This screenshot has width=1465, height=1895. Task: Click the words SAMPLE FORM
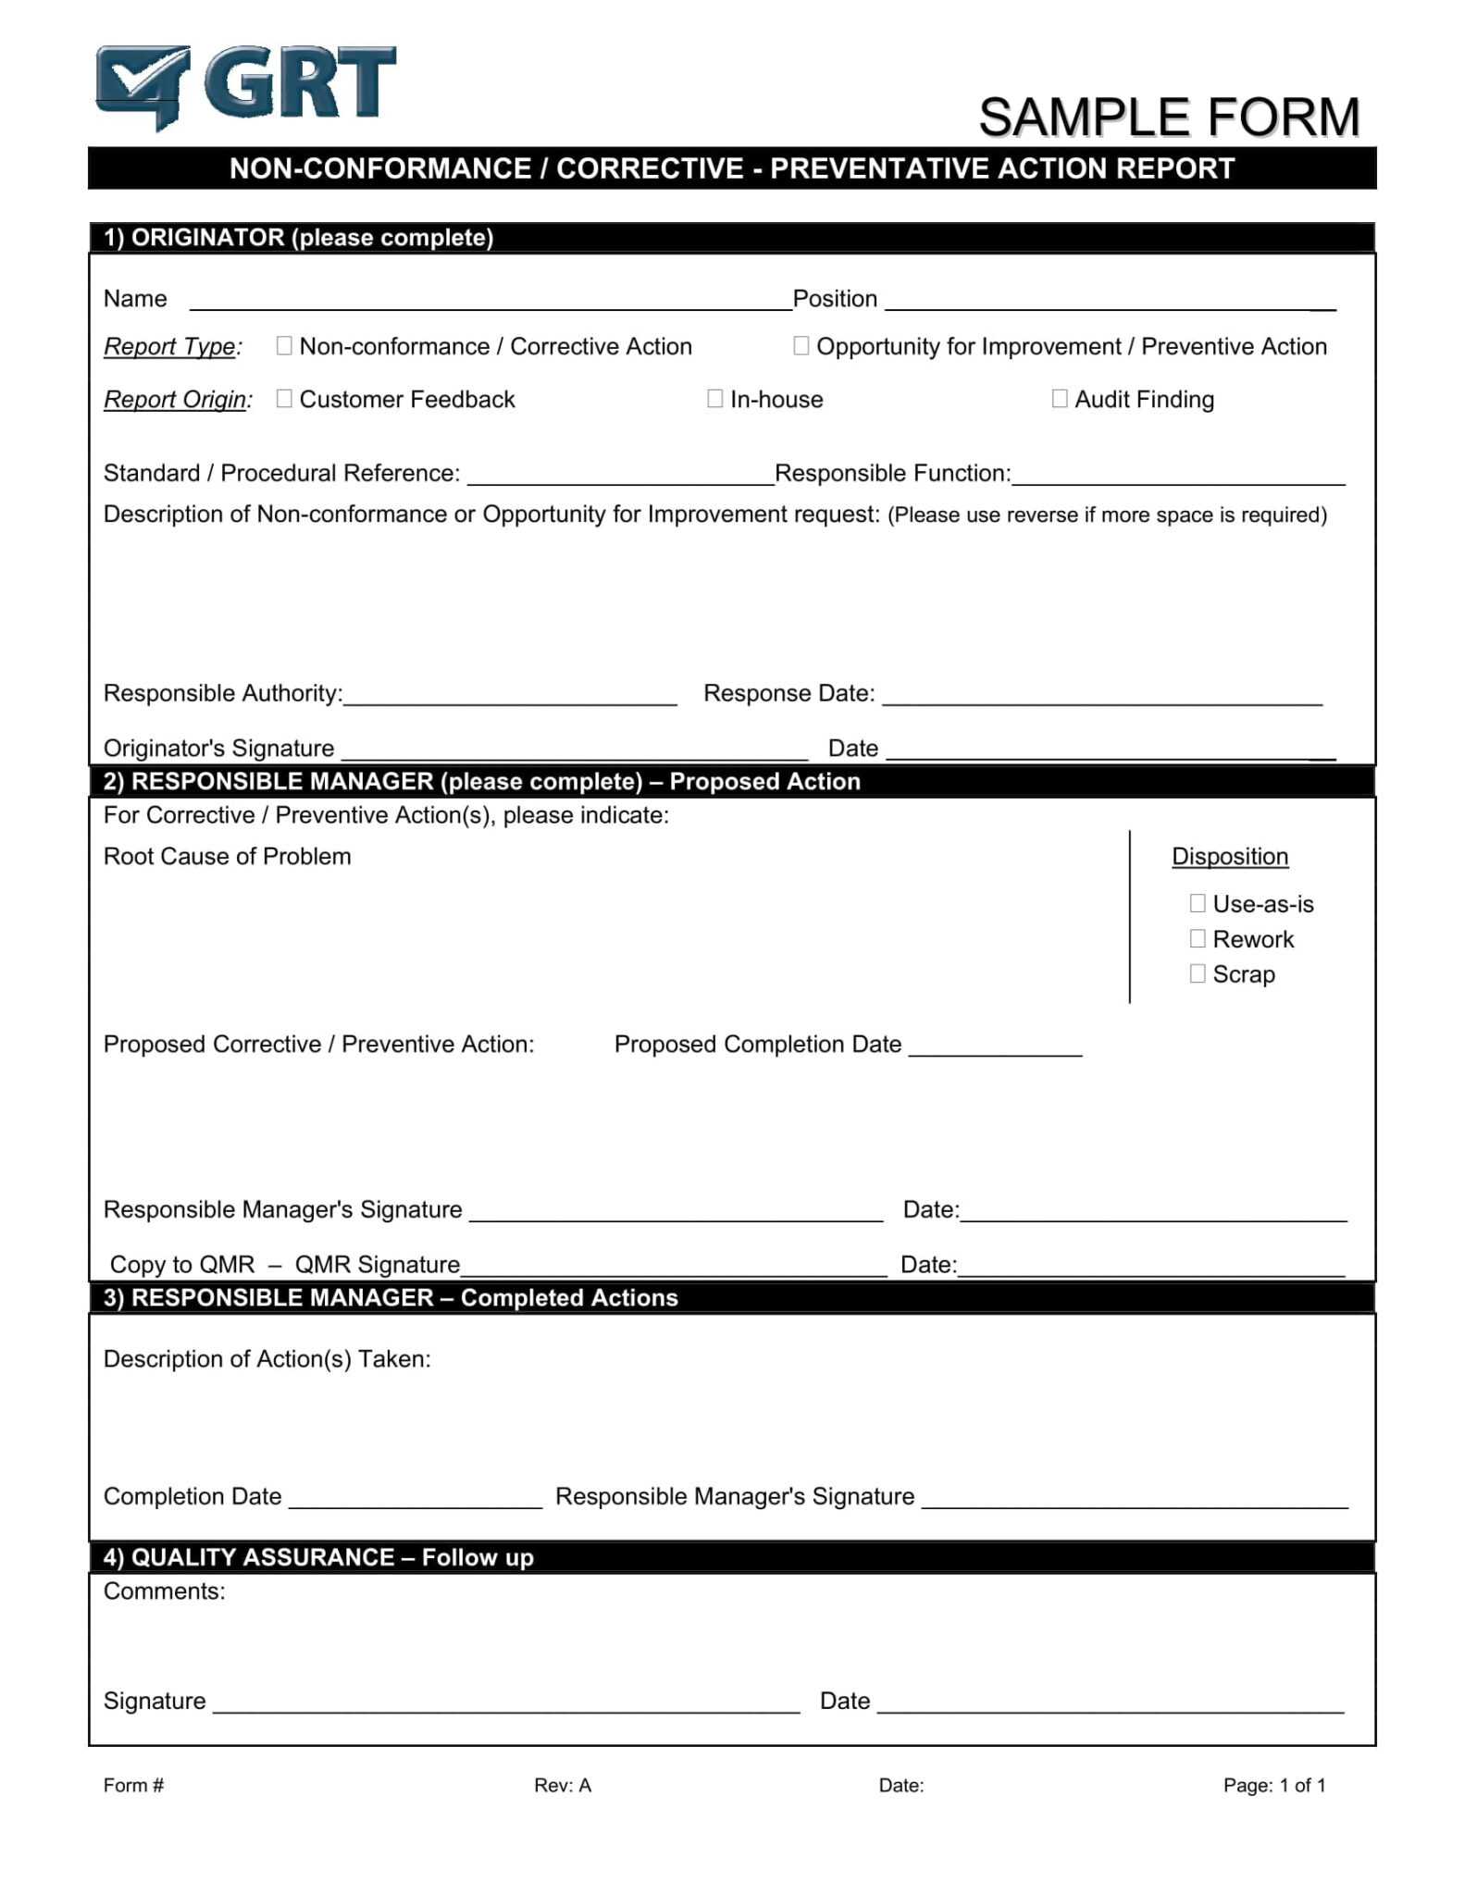[x=1169, y=118]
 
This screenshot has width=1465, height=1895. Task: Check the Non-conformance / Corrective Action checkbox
[x=284, y=346]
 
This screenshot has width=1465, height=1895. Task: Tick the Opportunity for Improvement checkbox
[x=801, y=346]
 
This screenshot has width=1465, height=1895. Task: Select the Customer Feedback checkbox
[x=284, y=399]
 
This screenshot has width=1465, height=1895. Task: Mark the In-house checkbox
[x=714, y=399]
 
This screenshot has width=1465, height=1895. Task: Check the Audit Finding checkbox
[x=1060, y=399]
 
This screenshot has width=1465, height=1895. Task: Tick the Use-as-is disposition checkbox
[x=1198, y=903]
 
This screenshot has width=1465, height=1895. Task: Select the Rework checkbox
[x=1198, y=938]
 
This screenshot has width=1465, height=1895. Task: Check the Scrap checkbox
[x=1198, y=973]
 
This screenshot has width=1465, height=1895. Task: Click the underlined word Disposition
[x=1230, y=857]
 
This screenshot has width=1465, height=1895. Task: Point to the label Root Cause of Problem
[x=227, y=857]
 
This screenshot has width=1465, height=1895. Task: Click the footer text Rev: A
[x=562, y=1786]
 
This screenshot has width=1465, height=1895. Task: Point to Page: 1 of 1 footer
[x=1274, y=1786]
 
